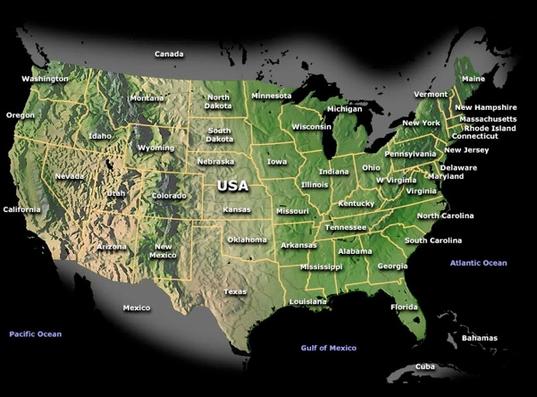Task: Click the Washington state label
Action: coord(45,78)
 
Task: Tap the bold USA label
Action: coord(233,185)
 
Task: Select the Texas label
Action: coord(235,291)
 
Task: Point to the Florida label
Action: coord(404,307)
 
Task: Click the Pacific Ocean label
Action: coord(36,334)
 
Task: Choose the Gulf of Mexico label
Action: coord(328,348)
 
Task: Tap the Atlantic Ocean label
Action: coord(478,263)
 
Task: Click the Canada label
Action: coord(169,54)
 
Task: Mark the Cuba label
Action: coord(425,366)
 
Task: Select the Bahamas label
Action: coord(479,338)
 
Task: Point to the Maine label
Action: coord(473,78)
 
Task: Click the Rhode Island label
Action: coord(490,128)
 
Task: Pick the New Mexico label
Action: coord(163,250)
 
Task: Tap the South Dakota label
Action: coord(220,135)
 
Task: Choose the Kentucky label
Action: coord(356,204)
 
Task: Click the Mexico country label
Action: coord(136,308)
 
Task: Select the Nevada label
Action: coord(70,176)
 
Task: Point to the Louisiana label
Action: coord(308,302)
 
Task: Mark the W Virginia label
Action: coord(396,181)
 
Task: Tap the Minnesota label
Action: coord(271,95)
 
